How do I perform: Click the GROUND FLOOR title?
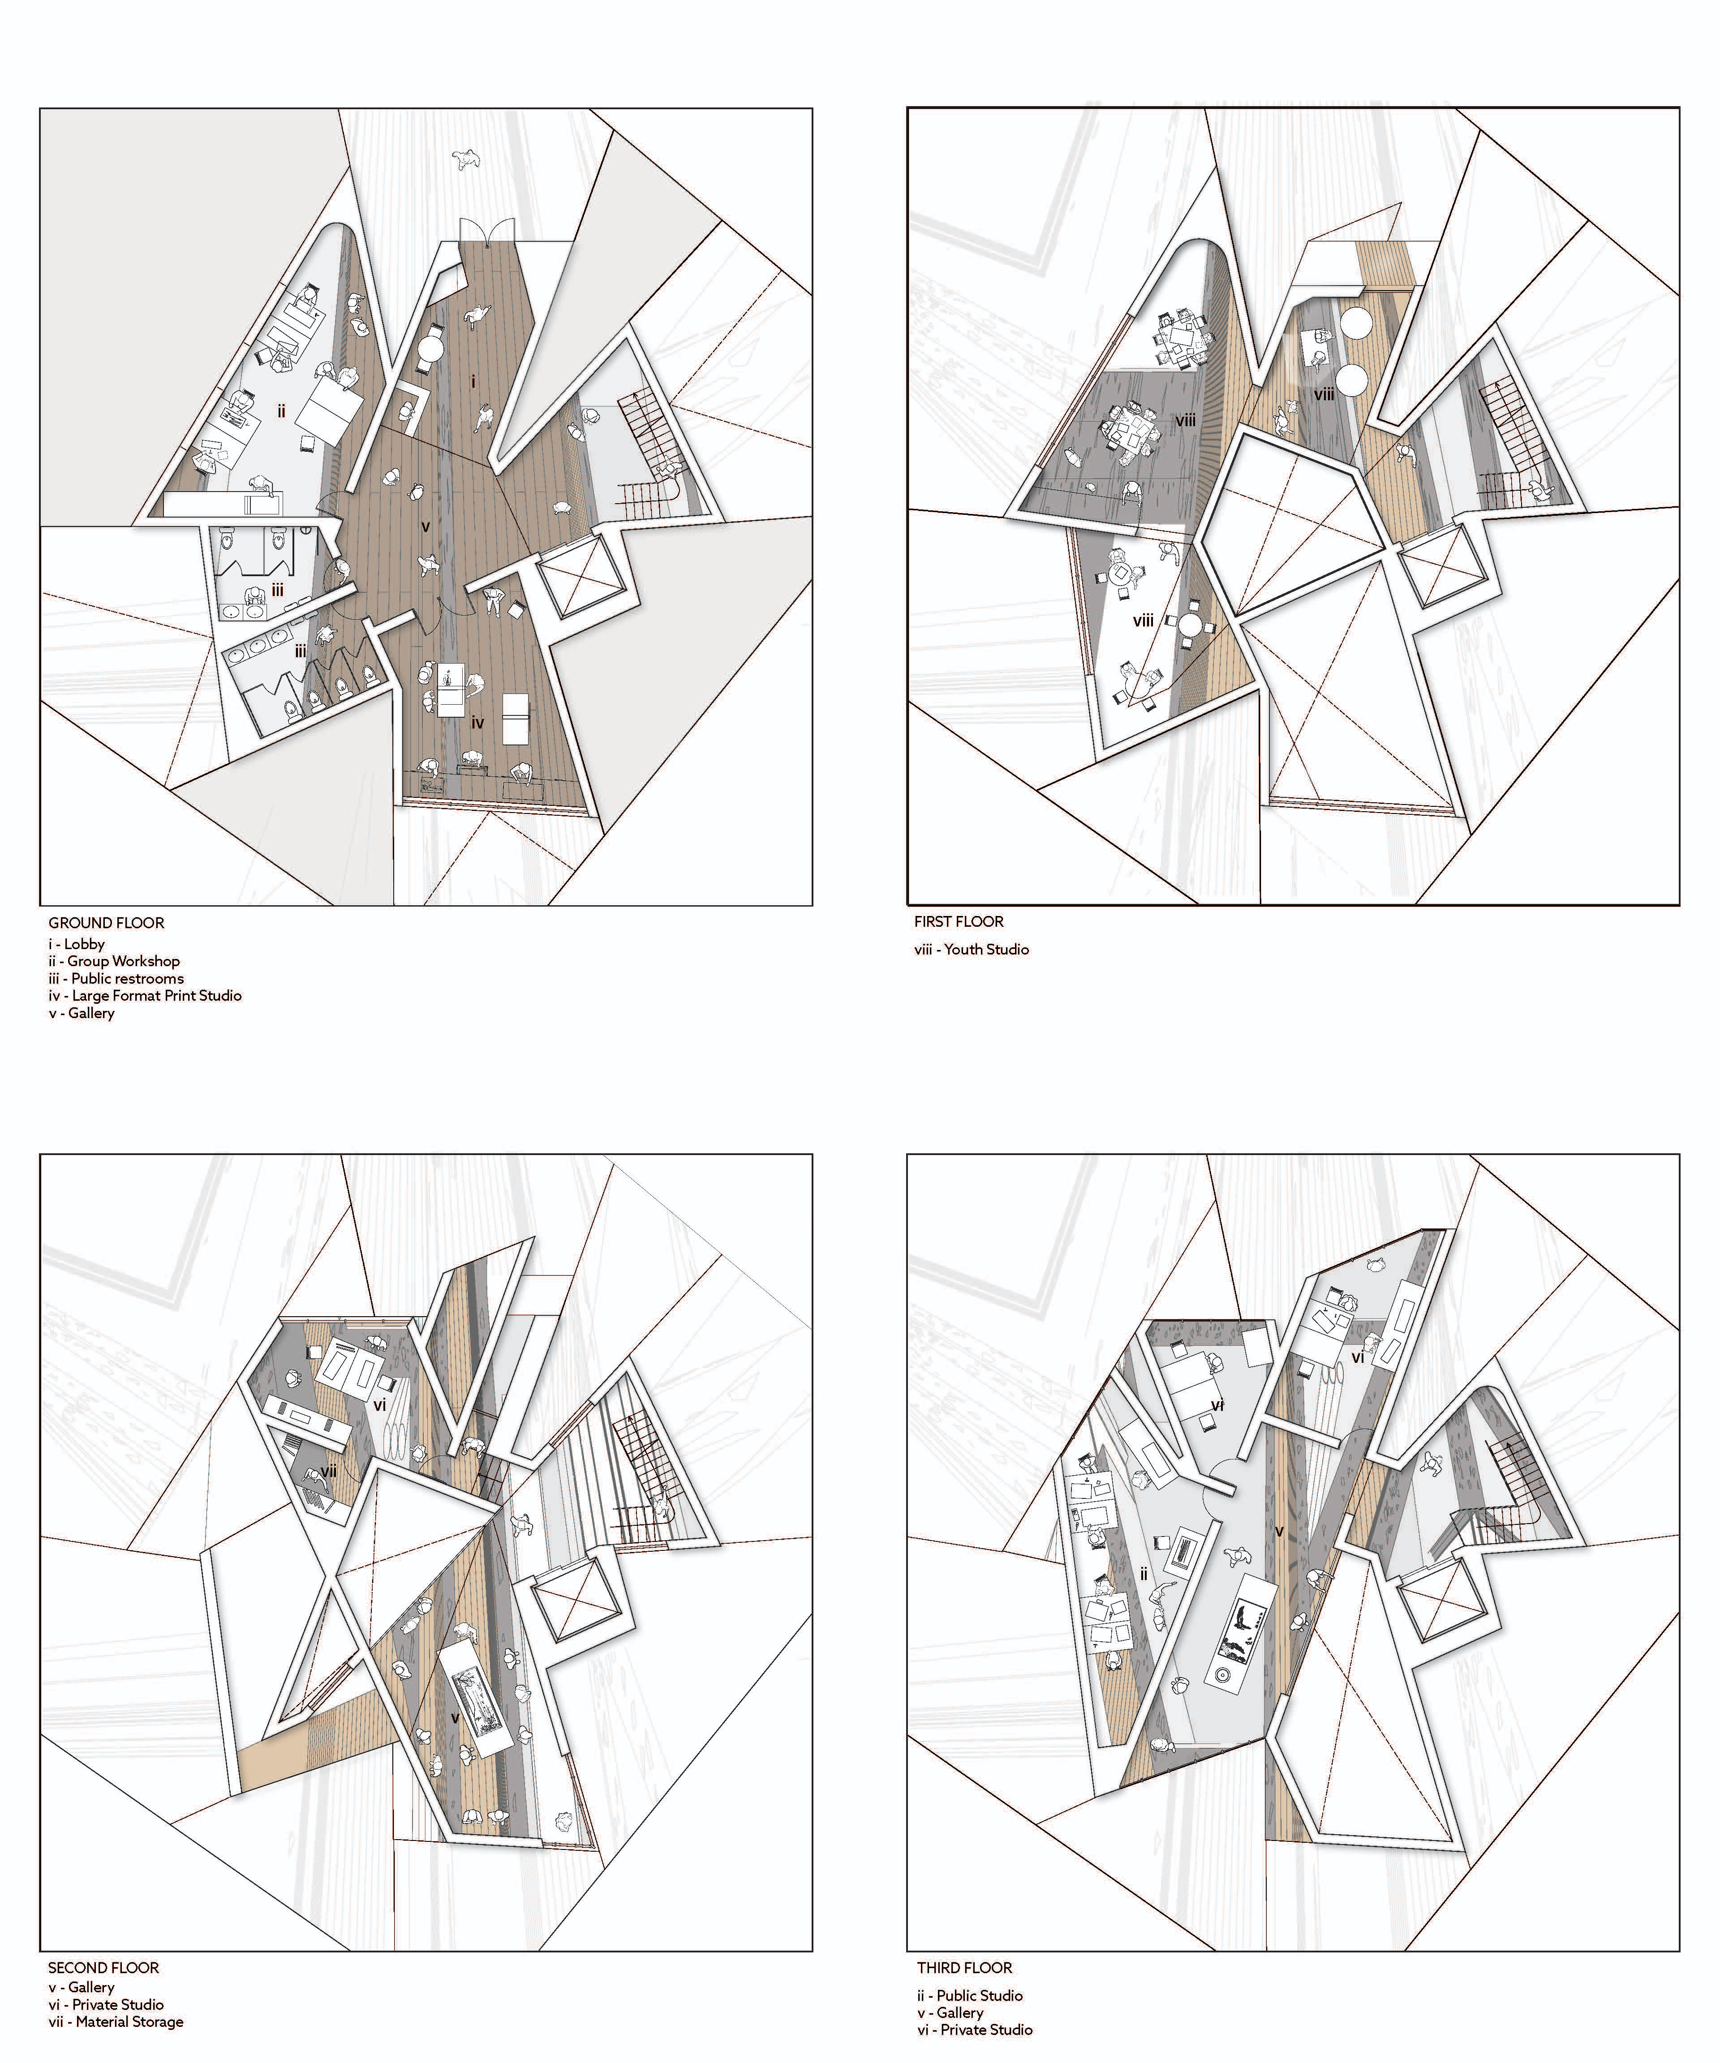106,922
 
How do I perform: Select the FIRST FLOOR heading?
958,921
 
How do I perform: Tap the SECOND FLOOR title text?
103,1968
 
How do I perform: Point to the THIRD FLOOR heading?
964,1968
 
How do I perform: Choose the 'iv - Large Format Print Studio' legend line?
145,995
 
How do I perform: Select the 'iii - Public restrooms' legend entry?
116,979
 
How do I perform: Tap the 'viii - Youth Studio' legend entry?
971,949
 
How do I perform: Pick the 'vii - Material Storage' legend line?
116,2022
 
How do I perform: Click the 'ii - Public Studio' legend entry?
969,1995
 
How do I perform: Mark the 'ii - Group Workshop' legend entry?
114,961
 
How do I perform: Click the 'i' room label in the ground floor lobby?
474,380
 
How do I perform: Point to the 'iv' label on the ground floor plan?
477,723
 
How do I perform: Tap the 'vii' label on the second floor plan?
329,1472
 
